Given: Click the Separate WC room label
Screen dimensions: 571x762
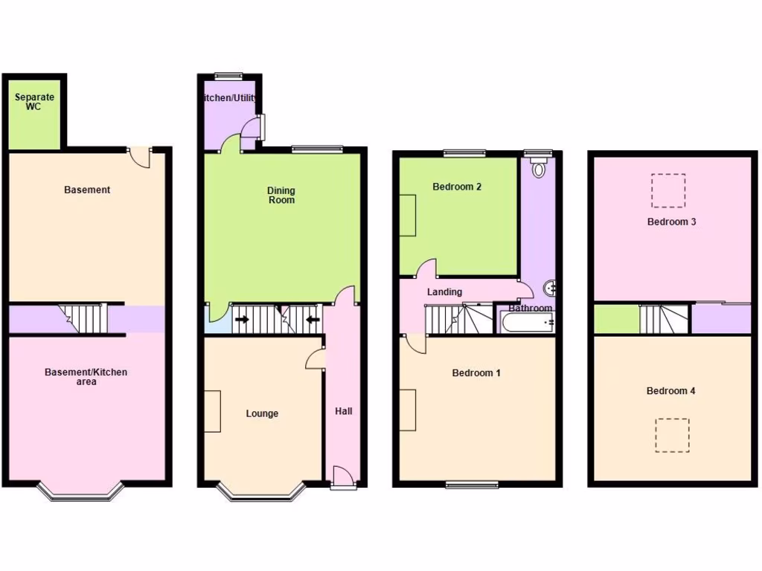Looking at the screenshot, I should click(35, 102).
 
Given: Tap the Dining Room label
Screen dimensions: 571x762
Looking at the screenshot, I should click(281, 195).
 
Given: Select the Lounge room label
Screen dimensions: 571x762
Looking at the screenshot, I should click(262, 413).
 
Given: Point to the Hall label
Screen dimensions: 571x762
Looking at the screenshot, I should click(344, 411).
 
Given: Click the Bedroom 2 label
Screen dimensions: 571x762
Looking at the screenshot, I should click(457, 187).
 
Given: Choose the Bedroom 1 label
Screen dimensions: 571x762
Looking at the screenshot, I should click(476, 372).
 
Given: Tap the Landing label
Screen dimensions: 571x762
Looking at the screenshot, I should click(444, 292).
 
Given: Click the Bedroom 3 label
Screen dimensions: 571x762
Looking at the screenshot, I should click(671, 222).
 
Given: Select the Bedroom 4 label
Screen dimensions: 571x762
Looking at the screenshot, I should click(671, 391).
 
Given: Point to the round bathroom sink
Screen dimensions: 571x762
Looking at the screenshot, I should click(551, 287).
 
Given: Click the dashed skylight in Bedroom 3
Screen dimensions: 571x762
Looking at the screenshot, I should click(668, 190).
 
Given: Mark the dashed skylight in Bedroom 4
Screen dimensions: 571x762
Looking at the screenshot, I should click(672, 435).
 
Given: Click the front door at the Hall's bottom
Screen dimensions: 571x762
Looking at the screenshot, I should click(343, 477).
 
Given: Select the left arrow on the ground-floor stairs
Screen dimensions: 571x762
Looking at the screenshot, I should click(243, 320).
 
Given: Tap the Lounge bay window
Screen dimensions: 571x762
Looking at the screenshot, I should click(261, 493).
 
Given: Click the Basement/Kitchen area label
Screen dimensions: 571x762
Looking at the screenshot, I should click(86, 377).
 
